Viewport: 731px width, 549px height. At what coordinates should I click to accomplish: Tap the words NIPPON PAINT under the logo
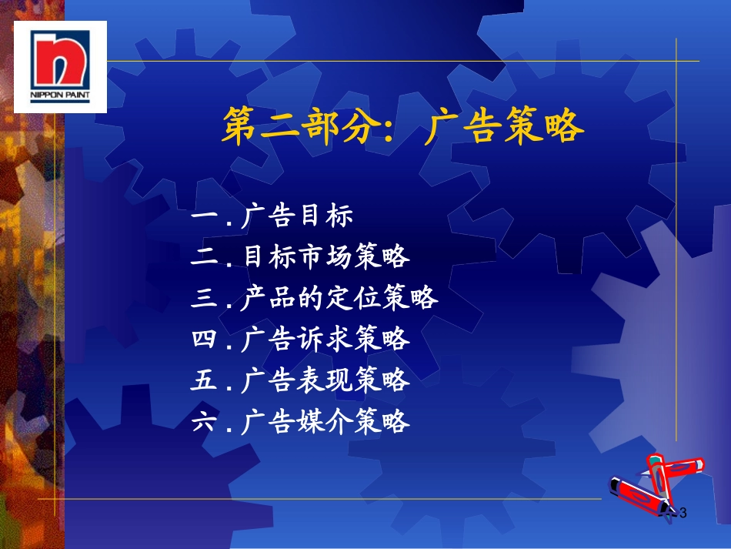60,95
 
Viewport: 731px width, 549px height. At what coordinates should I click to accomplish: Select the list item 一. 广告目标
272,216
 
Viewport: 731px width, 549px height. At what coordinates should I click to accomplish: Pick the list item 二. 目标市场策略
300,256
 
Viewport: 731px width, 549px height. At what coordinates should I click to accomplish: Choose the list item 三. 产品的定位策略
315,297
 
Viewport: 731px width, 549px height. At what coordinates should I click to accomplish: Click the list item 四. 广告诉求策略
300,339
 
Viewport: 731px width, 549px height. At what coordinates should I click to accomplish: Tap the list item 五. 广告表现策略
300,380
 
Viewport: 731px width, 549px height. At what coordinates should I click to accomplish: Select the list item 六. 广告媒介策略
300,420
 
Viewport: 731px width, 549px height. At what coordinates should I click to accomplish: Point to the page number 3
683,513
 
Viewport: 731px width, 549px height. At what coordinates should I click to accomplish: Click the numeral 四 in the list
204,339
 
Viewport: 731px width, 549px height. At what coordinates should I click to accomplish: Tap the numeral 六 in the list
204,420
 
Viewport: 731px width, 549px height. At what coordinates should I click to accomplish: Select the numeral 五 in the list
204,380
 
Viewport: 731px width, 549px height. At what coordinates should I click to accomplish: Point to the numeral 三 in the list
204,297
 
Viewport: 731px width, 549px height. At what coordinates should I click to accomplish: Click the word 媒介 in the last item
325,420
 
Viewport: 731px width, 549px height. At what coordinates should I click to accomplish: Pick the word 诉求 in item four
325,339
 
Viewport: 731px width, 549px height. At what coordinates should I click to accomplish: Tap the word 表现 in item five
325,380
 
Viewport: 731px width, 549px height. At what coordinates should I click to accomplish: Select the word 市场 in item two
325,256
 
